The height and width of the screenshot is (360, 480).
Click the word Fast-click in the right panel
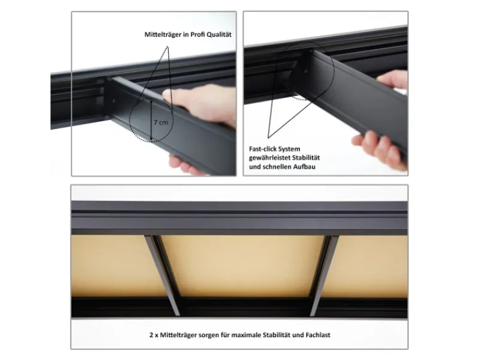click(264, 148)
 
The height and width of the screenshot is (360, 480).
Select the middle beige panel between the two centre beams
click(243, 264)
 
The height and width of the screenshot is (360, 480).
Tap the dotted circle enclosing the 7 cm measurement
click(152, 120)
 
